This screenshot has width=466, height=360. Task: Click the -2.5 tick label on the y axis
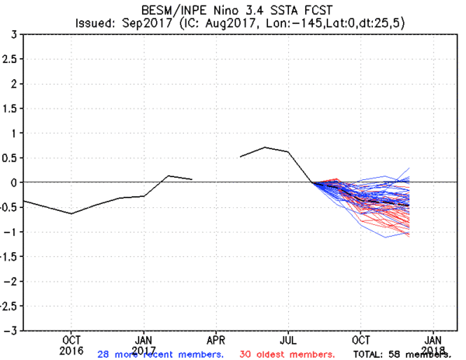click(x=9, y=306)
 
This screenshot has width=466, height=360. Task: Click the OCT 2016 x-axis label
click(x=71, y=344)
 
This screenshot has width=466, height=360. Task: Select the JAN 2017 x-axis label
click(x=144, y=344)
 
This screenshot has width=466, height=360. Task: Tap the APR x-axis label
click(x=216, y=340)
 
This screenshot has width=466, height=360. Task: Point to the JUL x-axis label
click(x=288, y=340)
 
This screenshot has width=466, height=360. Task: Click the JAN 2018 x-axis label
click(x=433, y=344)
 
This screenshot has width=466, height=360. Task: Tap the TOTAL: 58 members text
click(x=396, y=354)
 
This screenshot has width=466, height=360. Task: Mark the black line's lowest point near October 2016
click(x=71, y=213)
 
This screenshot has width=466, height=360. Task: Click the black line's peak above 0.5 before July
click(x=265, y=147)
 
